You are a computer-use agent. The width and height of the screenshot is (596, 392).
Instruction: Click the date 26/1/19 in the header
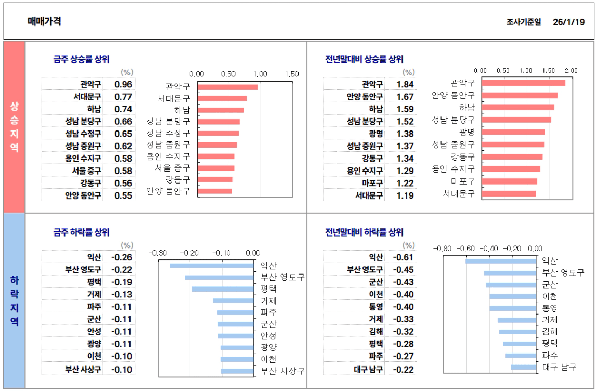[569, 22]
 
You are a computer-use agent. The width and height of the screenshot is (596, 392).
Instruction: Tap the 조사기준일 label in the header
[523, 22]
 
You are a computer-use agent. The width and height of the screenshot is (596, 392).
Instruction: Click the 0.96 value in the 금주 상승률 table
[123, 84]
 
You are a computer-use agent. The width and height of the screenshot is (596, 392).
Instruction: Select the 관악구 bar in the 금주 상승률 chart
[228, 87]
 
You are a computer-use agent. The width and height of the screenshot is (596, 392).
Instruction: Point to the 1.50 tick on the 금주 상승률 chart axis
[291, 74]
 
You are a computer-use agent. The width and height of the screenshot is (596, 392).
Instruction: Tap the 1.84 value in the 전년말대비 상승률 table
[405, 84]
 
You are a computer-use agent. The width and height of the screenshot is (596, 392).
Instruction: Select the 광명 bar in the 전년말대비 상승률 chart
[513, 132]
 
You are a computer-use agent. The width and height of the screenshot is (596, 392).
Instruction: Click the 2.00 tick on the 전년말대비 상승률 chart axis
[571, 70]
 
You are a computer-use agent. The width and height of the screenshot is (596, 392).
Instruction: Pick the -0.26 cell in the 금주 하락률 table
[122, 257]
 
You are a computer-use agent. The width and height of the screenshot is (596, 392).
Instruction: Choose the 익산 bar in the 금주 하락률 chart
[212, 266]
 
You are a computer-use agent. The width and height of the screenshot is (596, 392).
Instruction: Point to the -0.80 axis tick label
[443, 249]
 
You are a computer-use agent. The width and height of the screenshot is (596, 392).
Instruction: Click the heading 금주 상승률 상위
[81, 59]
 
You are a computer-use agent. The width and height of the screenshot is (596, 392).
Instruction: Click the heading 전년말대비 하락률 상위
[364, 232]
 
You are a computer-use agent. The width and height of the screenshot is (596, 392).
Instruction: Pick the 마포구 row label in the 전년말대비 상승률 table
[372, 183]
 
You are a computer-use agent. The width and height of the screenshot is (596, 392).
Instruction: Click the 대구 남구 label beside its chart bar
[559, 367]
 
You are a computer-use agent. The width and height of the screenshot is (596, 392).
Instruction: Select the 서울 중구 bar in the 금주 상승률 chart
[216, 168]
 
